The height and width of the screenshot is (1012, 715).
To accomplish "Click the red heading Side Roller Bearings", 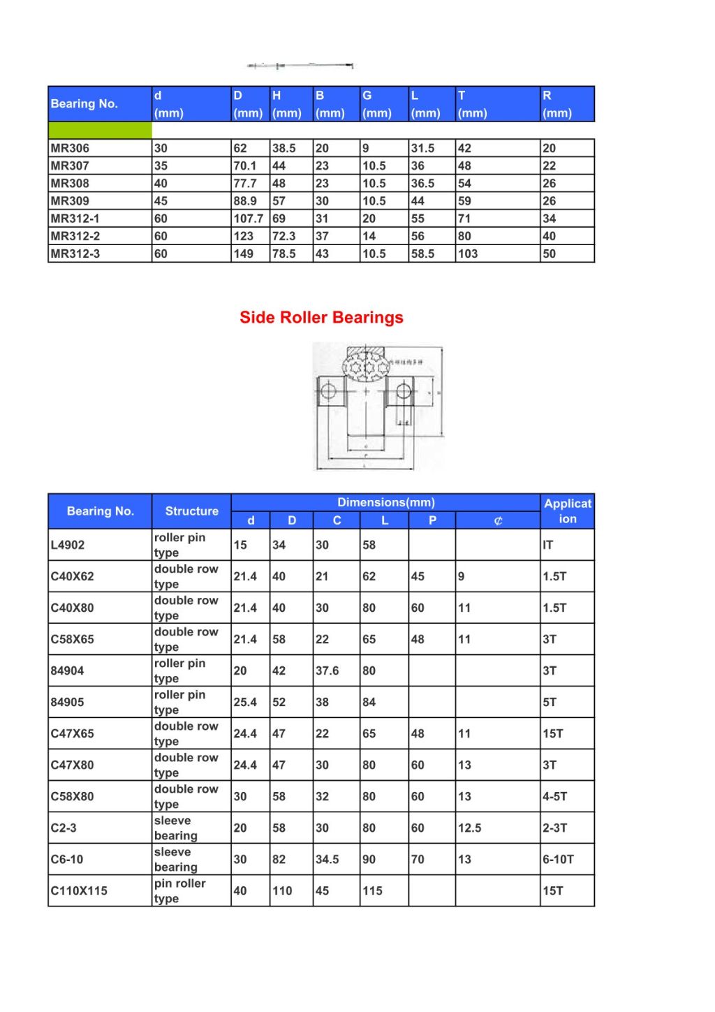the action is pyautogui.click(x=321, y=318).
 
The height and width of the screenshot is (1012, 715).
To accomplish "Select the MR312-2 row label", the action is pyautogui.click(x=75, y=236).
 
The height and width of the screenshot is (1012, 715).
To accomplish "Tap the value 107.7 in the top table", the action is pyautogui.click(x=249, y=219).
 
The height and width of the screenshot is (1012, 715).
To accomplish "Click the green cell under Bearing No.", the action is pyautogui.click(x=100, y=131).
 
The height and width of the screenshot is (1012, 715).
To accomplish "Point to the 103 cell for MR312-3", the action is pyautogui.click(x=468, y=254).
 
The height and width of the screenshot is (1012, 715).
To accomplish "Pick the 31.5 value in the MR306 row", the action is pyautogui.click(x=422, y=148).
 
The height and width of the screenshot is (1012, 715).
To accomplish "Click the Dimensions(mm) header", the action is pyautogui.click(x=385, y=502).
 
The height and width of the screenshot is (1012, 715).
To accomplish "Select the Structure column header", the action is pyautogui.click(x=191, y=511).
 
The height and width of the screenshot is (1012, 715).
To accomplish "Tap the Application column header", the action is pyautogui.click(x=567, y=511).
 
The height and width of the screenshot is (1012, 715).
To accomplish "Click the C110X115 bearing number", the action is pyautogui.click(x=79, y=890).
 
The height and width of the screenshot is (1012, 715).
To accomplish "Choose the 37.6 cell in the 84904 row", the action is pyautogui.click(x=327, y=670).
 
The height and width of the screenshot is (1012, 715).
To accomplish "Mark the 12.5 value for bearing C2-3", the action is pyautogui.click(x=469, y=828).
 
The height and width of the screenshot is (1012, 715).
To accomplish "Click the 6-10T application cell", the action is pyautogui.click(x=558, y=859).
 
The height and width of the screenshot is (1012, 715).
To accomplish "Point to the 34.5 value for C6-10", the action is pyautogui.click(x=327, y=859).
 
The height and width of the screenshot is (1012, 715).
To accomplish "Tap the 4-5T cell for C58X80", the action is pyautogui.click(x=554, y=796).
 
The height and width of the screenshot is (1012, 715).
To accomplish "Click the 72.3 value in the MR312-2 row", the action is pyautogui.click(x=283, y=236).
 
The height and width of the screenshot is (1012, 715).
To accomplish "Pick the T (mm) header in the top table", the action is pyautogui.click(x=472, y=104).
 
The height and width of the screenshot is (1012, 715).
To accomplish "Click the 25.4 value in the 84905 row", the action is pyautogui.click(x=245, y=702).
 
